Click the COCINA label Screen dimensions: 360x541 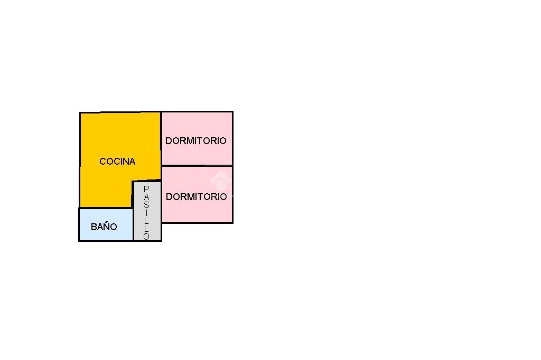tap(117, 162)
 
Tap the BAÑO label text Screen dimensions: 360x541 tap(104, 227)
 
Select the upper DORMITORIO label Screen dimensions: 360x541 tap(195, 141)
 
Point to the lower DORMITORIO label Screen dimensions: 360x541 tap(196, 197)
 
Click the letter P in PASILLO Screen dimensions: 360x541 tap(146, 189)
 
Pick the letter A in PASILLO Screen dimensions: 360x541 tap(146, 197)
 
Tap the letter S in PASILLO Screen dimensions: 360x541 tap(146, 205)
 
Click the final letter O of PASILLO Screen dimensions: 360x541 tap(146, 236)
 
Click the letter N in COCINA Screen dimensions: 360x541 tap(125, 162)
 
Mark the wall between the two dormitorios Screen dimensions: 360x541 tap(197, 166)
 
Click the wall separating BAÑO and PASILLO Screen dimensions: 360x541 tap(133, 225)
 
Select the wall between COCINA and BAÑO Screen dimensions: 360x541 tap(106, 208)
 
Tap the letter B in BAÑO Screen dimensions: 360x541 tap(94, 227)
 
